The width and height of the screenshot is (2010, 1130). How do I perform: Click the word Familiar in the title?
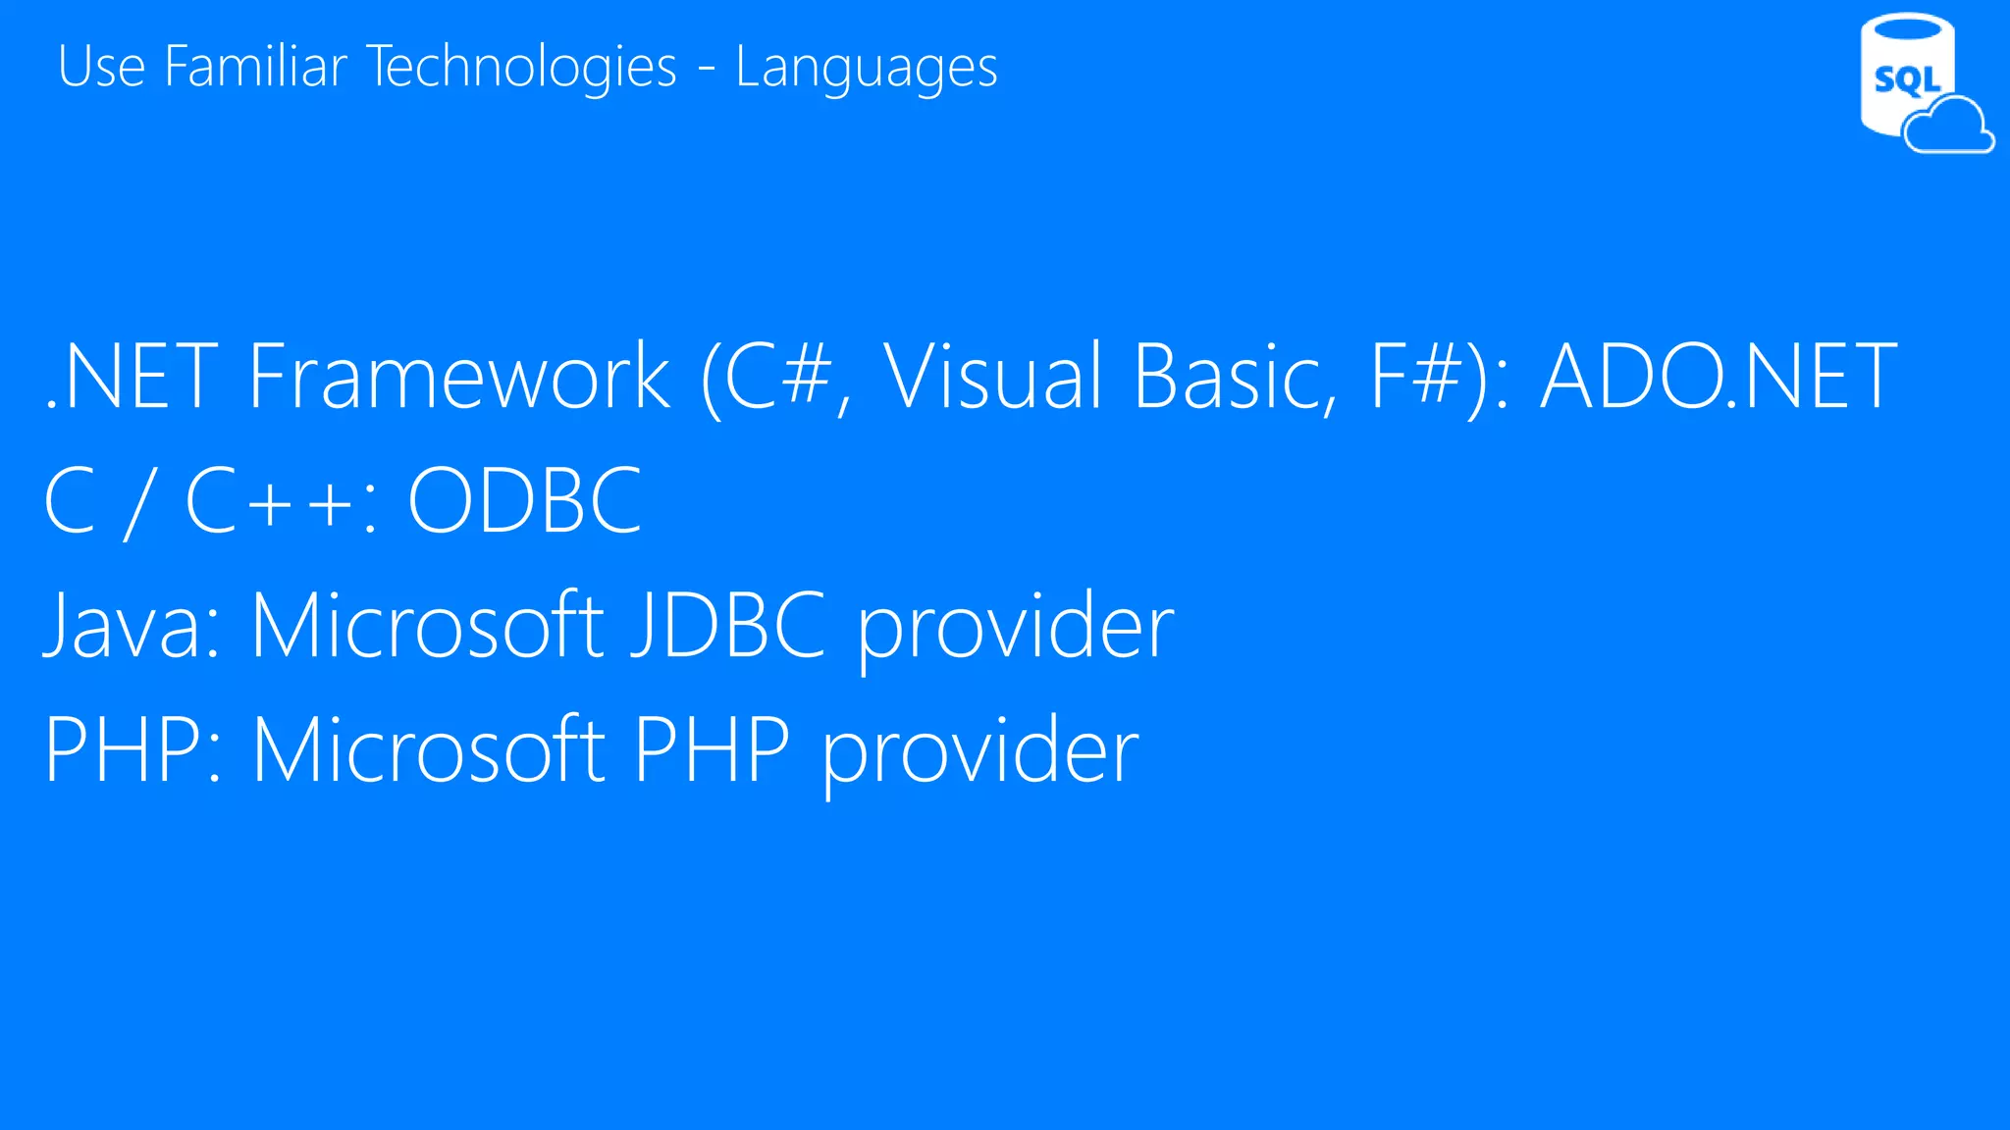click(x=256, y=67)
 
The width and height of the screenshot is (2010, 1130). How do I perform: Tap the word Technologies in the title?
click(x=522, y=67)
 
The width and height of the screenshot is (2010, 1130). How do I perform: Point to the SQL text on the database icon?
click(x=1906, y=79)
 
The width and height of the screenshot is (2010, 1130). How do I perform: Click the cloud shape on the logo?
click(x=1949, y=128)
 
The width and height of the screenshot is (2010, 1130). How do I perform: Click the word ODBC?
click(x=525, y=500)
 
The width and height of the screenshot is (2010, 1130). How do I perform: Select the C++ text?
click(x=271, y=500)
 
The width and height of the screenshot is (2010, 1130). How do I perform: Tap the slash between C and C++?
click(x=138, y=502)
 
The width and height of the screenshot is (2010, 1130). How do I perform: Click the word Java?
click(x=132, y=626)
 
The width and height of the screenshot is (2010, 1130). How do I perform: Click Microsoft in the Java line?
click(x=427, y=626)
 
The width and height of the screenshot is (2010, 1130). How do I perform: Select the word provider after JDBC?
click(x=1016, y=628)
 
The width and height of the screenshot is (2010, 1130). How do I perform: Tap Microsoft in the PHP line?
click(x=429, y=750)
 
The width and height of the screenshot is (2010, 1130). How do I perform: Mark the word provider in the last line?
click(x=980, y=752)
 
